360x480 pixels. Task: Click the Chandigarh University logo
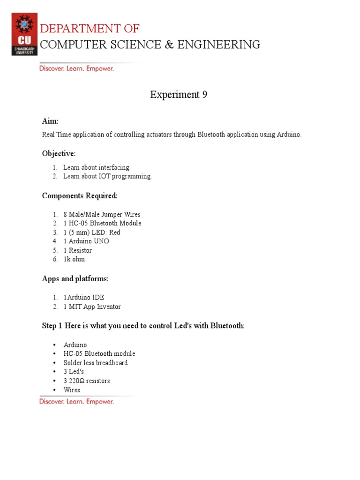point(24,34)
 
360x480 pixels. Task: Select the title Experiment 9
point(179,95)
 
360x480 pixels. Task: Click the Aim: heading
point(50,121)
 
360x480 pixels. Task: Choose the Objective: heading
point(59,154)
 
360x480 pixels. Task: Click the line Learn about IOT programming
point(107,176)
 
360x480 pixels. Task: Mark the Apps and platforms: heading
point(75,278)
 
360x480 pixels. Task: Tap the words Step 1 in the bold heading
point(52,326)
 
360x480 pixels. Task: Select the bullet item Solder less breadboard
point(96,363)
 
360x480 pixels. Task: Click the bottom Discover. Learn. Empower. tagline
point(76,401)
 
